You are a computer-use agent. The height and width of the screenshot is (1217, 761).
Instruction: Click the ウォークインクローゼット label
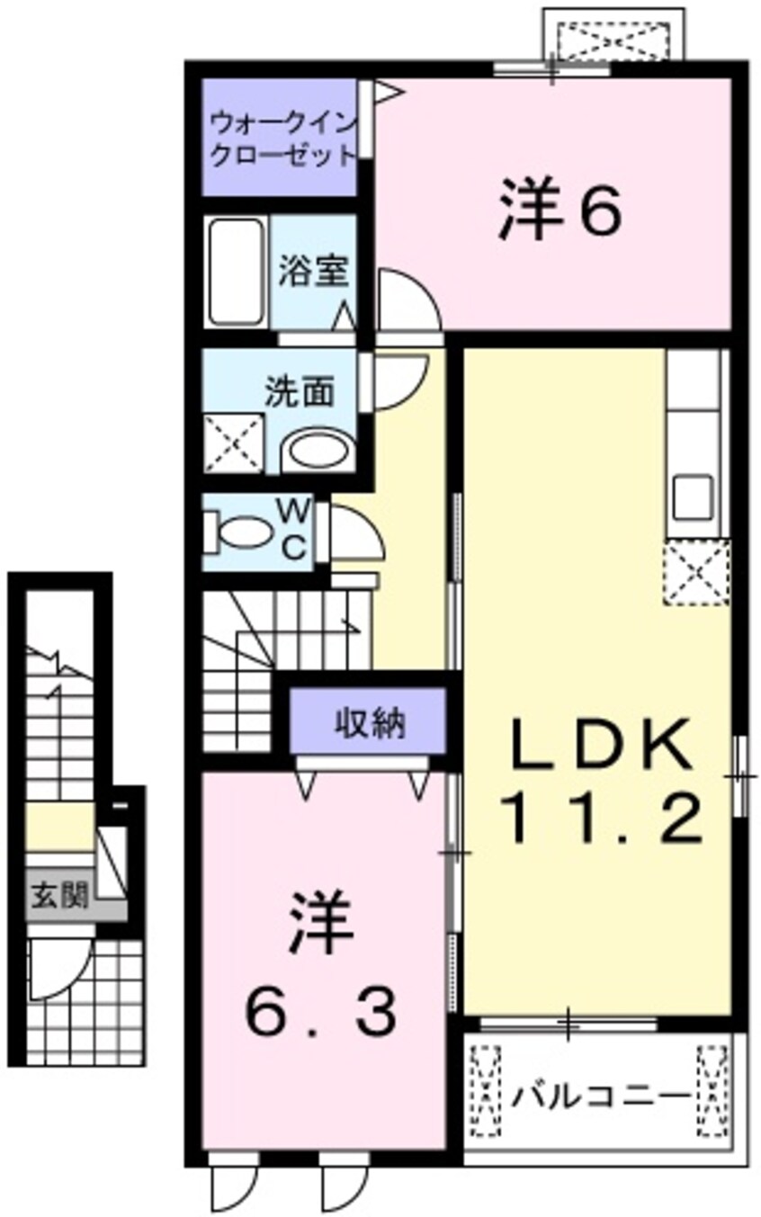click(282, 138)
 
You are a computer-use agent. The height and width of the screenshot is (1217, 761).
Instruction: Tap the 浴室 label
click(313, 270)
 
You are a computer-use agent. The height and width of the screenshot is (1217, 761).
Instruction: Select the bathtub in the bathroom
click(237, 272)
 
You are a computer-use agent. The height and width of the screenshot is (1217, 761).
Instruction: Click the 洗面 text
click(300, 391)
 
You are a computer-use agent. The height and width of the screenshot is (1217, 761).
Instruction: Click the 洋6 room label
click(560, 210)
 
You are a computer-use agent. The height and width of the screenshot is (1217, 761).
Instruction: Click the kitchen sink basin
click(694, 497)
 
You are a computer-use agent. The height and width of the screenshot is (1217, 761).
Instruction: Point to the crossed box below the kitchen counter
click(696, 571)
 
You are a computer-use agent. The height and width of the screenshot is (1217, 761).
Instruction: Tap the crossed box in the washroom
click(234, 443)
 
